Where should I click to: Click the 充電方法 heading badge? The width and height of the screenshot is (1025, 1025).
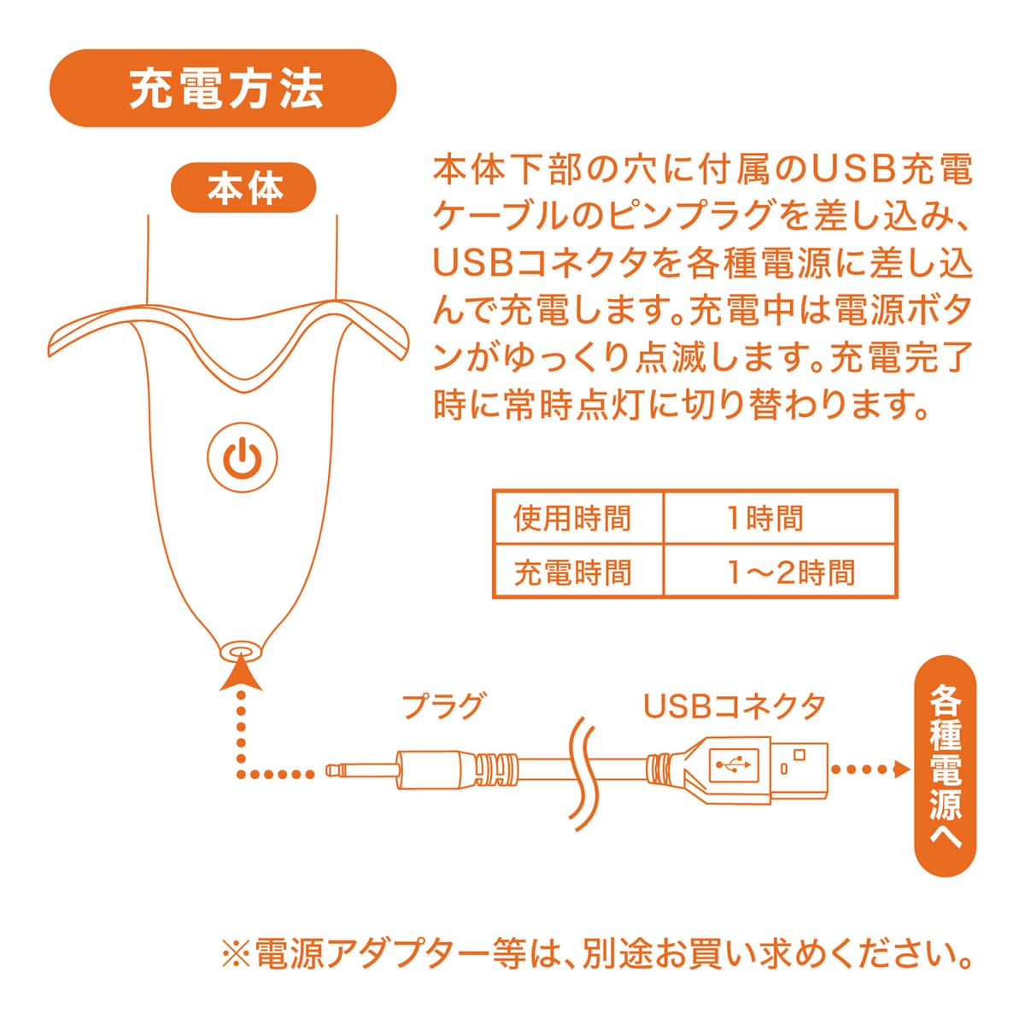223,88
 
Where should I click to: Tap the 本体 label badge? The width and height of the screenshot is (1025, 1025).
243,188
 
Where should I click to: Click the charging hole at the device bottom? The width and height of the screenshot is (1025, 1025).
242,651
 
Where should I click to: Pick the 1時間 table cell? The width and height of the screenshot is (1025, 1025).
781,518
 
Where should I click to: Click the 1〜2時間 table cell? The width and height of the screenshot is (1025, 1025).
781,572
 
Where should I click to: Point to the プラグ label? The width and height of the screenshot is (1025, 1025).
442,706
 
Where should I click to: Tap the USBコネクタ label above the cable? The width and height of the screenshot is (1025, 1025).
735,706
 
